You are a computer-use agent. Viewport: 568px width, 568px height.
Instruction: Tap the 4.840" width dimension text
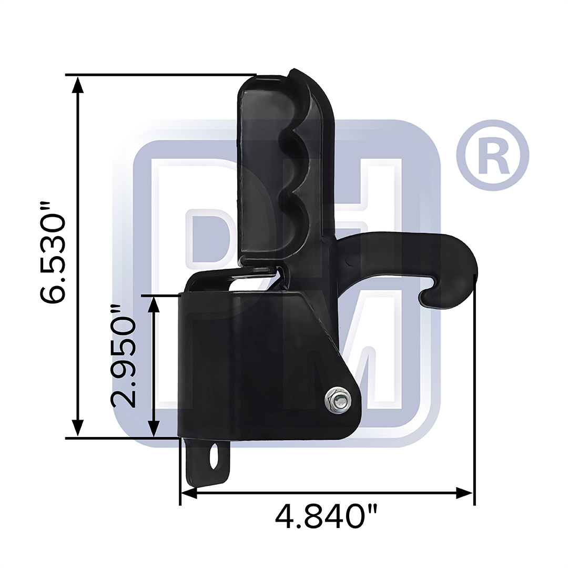[x=327, y=517]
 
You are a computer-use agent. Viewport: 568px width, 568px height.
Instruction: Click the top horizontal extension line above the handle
[x=158, y=75]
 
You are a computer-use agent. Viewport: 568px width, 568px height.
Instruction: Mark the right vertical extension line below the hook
[x=474, y=394]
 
